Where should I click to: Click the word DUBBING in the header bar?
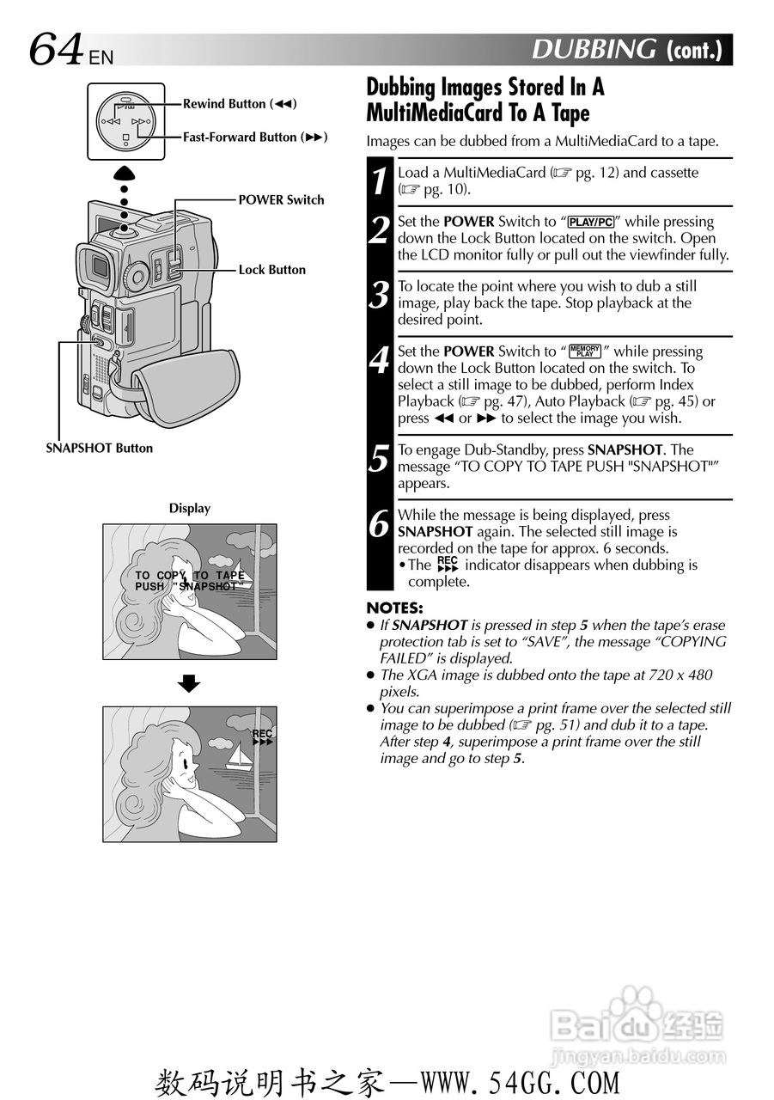(x=594, y=50)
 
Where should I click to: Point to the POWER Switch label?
(x=281, y=200)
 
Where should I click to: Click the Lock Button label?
(x=271, y=270)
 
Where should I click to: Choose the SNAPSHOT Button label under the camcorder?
(x=99, y=448)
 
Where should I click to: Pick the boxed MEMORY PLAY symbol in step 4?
(x=585, y=351)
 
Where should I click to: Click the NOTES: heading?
(x=394, y=608)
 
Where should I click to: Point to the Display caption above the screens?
(x=189, y=509)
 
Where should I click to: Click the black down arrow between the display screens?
(x=189, y=684)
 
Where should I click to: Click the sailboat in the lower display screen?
(x=240, y=757)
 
